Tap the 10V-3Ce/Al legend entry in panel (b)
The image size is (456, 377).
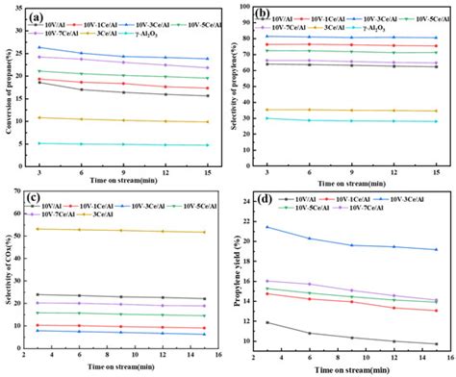pos(367,17)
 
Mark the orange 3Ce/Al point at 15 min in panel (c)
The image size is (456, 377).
pos(205,232)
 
